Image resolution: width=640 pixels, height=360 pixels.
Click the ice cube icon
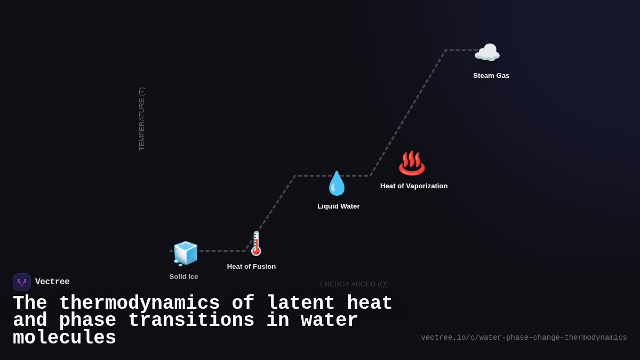pyautogui.click(x=185, y=253)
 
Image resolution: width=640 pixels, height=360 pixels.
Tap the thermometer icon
pyautogui.click(x=256, y=243)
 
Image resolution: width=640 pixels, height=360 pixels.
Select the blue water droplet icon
pyautogui.click(x=337, y=183)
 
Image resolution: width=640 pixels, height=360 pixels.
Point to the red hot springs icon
pyautogui.click(x=412, y=163)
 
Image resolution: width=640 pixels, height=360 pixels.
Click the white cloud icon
pyautogui.click(x=487, y=53)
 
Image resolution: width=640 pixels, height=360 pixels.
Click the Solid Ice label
pyautogui.click(x=183, y=276)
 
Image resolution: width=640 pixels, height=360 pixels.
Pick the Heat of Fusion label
pyautogui.click(x=251, y=266)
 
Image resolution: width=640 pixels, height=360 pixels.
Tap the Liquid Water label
pyautogui.click(x=339, y=206)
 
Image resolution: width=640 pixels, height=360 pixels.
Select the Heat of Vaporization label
pyautogui.click(x=414, y=186)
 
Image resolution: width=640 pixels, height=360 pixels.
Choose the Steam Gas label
pyautogui.click(x=491, y=75)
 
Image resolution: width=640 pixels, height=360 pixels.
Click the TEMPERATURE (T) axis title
pyautogui.click(x=142, y=118)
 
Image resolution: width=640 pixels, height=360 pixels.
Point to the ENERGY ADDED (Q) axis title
pyautogui.click(x=354, y=284)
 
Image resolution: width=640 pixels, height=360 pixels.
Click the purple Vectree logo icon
pyautogui.click(x=22, y=282)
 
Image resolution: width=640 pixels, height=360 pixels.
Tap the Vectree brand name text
pyautogui.click(x=52, y=282)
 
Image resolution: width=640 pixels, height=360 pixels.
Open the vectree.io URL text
pyautogui.click(x=524, y=338)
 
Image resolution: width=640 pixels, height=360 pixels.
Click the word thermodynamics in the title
pyautogui.click(x=139, y=303)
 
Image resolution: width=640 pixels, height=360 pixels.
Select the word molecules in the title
pyautogui.click(x=65, y=338)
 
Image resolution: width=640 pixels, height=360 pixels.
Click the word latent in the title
pyautogui.click(x=301, y=303)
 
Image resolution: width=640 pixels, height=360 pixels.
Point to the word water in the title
pyautogui.click(x=329, y=321)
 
